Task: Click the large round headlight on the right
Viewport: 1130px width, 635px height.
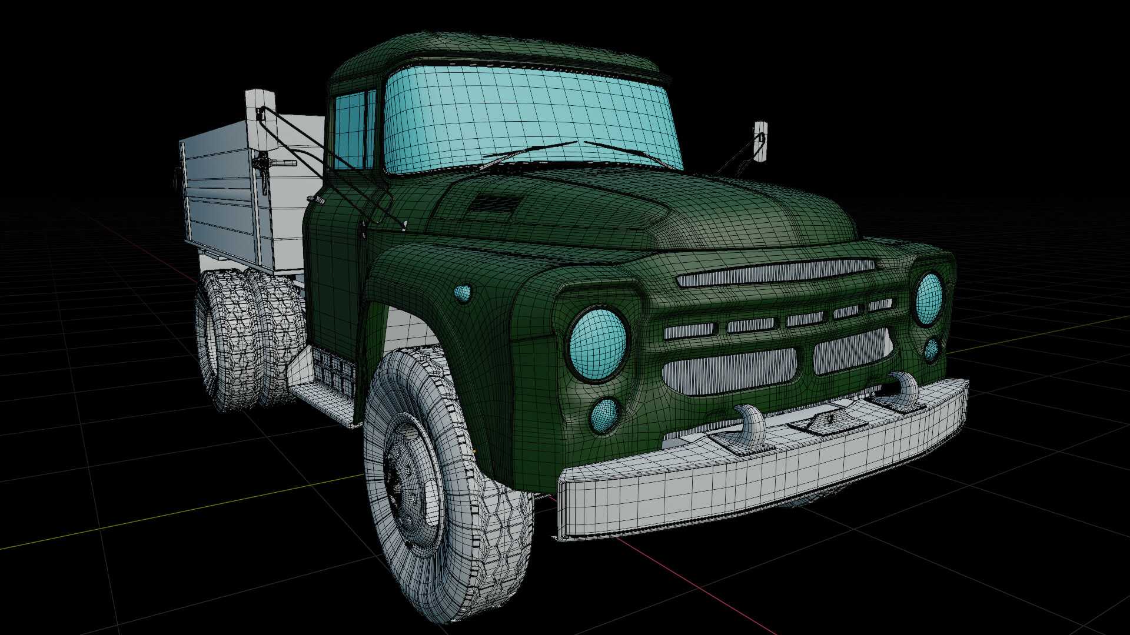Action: [x=928, y=299]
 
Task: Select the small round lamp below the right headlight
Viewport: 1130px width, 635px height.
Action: [x=931, y=350]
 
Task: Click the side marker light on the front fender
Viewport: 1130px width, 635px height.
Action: [x=463, y=293]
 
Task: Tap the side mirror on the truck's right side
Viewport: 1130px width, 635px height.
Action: [x=760, y=142]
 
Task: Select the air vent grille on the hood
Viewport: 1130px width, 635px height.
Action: [x=496, y=203]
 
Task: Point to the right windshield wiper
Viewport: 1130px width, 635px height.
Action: [x=630, y=153]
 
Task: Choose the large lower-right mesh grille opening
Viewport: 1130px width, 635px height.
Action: [x=851, y=352]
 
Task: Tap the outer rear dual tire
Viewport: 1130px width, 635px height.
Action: [x=227, y=341]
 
